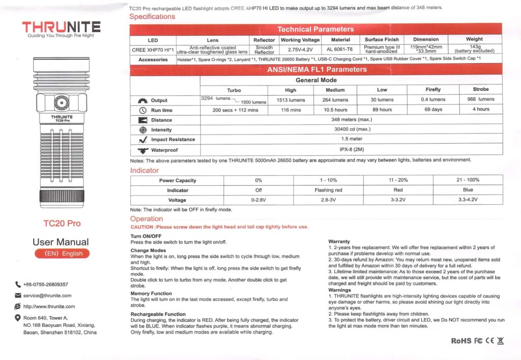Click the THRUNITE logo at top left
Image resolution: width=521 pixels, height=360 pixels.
coord(61,27)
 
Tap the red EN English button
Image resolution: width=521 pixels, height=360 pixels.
coord(62,254)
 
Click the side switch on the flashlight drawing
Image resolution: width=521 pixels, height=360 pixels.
coord(62,103)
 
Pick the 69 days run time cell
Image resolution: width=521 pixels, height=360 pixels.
coord(433,109)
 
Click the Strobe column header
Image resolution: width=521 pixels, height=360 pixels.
coord(480,90)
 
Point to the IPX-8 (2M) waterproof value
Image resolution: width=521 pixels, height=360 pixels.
coord(351,150)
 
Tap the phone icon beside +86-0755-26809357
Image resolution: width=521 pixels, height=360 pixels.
coord(18,285)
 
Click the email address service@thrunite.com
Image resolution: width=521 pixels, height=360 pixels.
coord(47,295)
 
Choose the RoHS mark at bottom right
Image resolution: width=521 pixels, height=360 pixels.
coord(461,340)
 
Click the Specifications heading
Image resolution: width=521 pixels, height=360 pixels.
coord(152,16)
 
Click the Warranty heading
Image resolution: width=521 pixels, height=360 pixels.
coord(339,241)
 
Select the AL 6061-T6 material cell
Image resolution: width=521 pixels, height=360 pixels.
coord(340,49)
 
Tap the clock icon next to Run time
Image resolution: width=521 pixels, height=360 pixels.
coord(142,110)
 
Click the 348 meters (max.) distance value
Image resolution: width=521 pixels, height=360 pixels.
coord(351,120)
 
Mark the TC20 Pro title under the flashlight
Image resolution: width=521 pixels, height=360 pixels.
coord(62,223)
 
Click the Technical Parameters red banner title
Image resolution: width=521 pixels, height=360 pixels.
coord(315,29)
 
